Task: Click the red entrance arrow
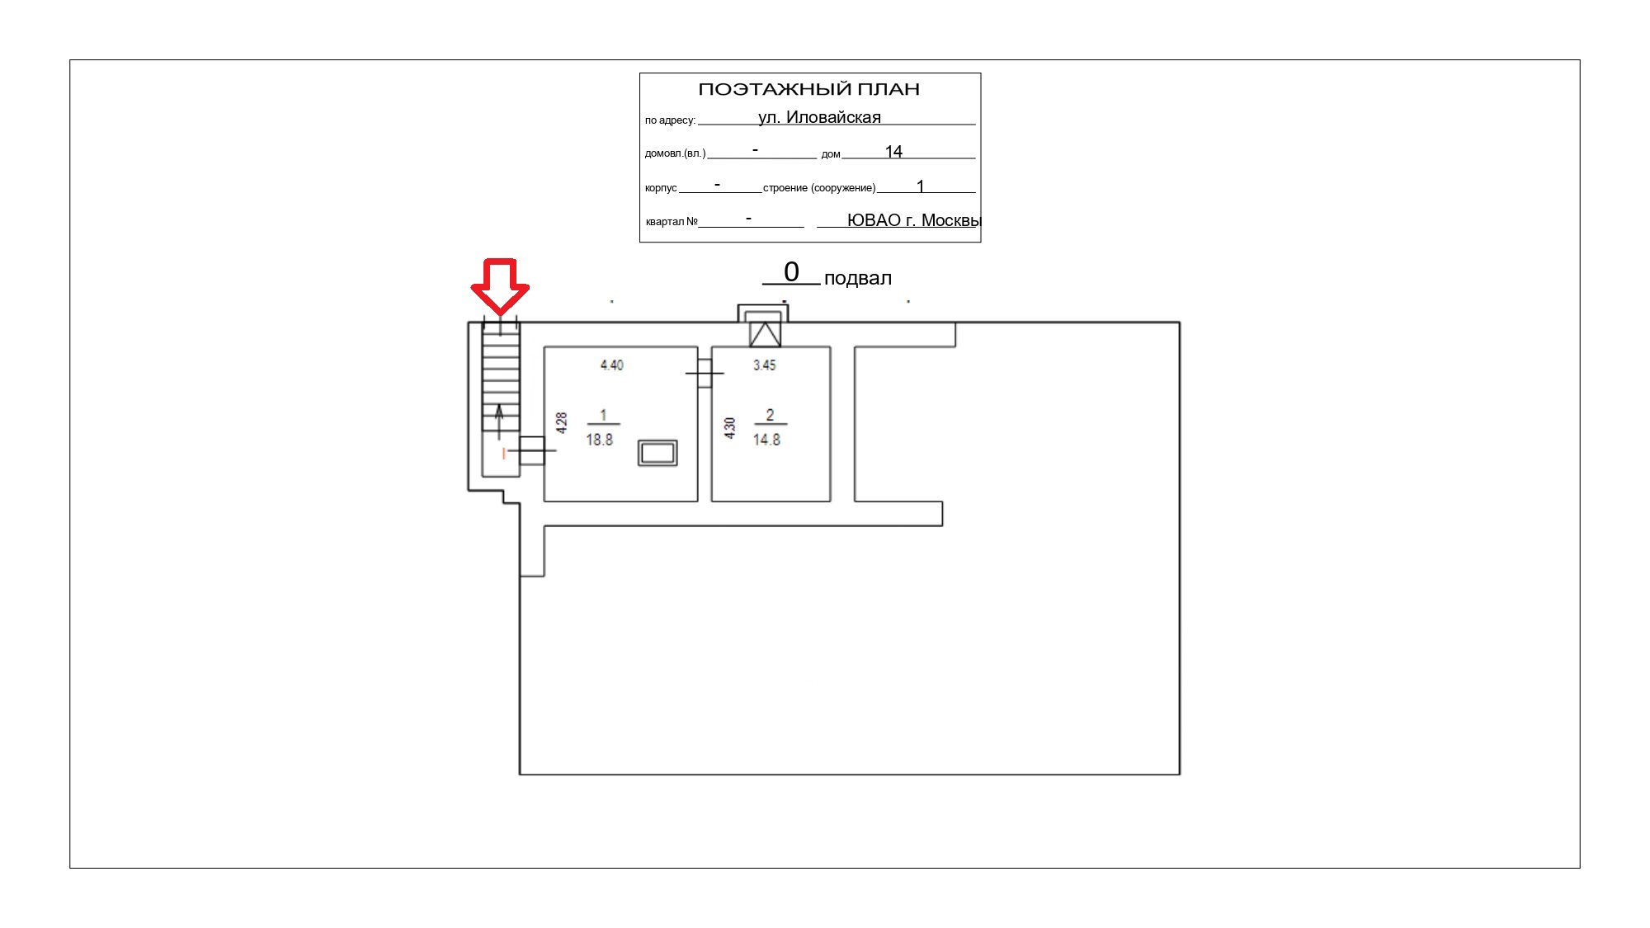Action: click(500, 286)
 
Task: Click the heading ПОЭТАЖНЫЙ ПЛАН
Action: click(808, 89)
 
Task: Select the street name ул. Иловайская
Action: click(819, 117)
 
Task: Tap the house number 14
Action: click(893, 152)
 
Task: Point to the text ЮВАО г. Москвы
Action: click(914, 220)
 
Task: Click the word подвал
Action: click(858, 278)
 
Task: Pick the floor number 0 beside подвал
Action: click(791, 271)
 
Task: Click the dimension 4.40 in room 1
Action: click(612, 365)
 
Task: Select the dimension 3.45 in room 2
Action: click(765, 365)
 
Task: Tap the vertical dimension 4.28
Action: click(562, 423)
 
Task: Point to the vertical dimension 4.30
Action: click(729, 427)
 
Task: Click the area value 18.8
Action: click(600, 440)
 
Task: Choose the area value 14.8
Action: click(766, 440)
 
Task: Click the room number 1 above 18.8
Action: click(603, 415)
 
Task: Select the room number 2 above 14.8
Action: click(770, 415)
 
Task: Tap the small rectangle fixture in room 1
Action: click(658, 453)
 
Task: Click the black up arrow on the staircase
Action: click(499, 422)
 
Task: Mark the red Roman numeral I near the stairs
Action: click(504, 454)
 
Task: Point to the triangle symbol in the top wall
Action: click(765, 334)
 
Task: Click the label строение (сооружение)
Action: click(819, 188)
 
